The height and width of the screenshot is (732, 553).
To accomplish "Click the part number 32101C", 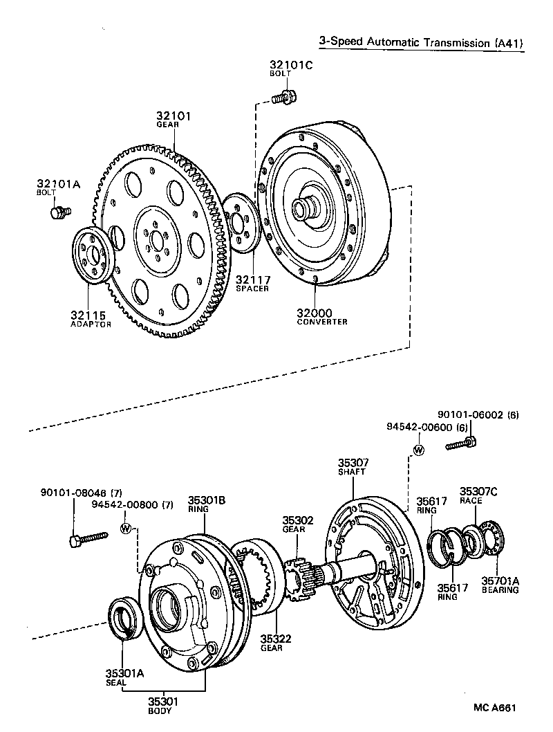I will click(291, 66).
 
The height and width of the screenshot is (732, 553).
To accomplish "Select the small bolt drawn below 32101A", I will click(58, 212).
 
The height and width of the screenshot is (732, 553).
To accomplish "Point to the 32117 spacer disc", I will click(239, 224).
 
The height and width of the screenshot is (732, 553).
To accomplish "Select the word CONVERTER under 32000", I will click(322, 322).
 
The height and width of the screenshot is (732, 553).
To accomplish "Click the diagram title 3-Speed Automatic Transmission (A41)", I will click(420, 42).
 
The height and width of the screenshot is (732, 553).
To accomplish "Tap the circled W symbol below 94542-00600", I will click(418, 450).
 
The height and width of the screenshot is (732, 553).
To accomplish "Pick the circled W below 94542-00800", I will click(126, 528).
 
